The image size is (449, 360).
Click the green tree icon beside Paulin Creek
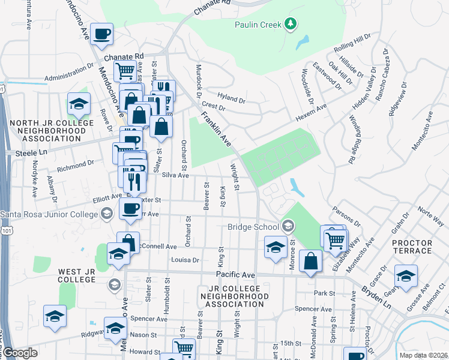291,24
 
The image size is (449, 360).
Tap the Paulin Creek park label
260,25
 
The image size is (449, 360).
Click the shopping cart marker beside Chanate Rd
125,71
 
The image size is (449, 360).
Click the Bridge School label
253,227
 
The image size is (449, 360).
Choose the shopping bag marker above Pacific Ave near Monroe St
310,261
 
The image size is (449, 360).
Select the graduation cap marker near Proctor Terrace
406,277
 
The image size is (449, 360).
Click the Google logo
20,353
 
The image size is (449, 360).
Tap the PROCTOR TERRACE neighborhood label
412,247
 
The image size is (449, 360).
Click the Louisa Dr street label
185,260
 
